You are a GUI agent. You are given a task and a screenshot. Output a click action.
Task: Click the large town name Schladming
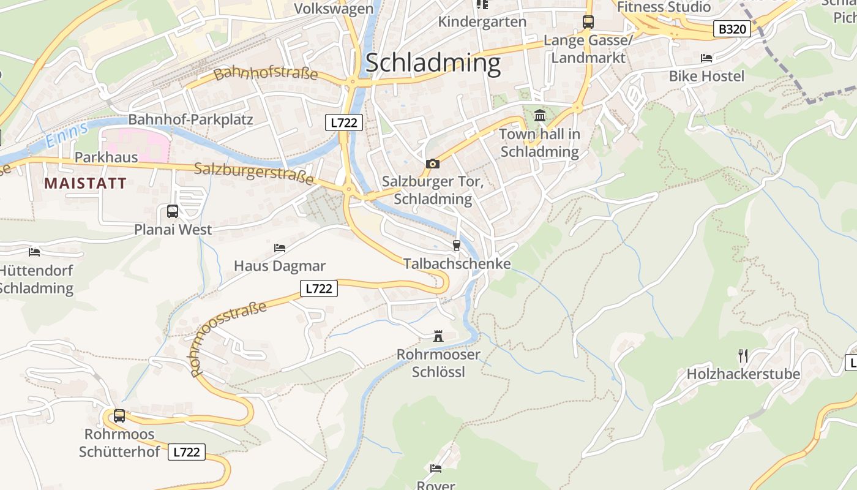tap(433, 63)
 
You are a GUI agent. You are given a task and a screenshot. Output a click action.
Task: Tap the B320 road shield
tap(732, 28)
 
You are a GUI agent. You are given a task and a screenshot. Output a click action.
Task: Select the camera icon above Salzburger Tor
tap(432, 164)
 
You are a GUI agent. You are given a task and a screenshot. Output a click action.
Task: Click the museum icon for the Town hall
tap(540, 115)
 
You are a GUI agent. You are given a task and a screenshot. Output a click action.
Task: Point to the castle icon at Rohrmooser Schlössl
tap(438, 336)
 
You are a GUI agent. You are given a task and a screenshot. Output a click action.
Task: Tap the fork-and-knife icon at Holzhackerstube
tap(743, 355)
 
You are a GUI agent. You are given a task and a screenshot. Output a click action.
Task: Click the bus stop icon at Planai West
tap(173, 211)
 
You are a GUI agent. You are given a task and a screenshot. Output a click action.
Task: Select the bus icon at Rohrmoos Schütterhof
tap(119, 415)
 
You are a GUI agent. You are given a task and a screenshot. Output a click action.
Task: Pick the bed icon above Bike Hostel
tap(706, 58)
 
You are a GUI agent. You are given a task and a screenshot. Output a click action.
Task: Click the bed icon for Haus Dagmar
tap(280, 248)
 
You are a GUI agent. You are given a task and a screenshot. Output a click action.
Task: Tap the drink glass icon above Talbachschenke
tap(456, 246)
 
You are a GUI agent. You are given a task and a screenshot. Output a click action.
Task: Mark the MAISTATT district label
tap(85, 183)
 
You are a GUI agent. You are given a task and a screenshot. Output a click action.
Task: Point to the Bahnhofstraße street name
tap(266, 74)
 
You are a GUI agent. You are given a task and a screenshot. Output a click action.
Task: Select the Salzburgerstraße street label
tap(253, 173)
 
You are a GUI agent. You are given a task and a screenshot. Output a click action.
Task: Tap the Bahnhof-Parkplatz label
tap(190, 119)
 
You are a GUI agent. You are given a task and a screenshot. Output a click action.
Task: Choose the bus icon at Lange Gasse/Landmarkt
tap(588, 22)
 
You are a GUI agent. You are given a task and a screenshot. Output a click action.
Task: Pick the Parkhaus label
tap(106, 157)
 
